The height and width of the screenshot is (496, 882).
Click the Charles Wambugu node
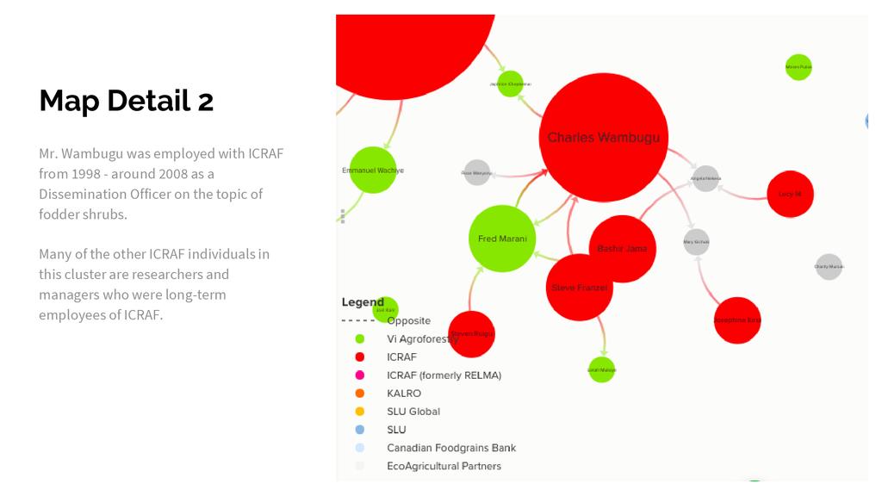[604, 138]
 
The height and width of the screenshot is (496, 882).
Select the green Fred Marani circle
[502, 239]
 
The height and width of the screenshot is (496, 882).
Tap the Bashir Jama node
[622, 249]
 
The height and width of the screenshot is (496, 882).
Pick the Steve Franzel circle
[580, 288]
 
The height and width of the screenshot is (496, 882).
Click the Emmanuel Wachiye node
[372, 170]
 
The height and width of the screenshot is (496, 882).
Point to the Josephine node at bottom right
[737, 320]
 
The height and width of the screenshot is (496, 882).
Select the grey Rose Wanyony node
[477, 173]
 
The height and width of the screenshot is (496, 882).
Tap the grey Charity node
[829, 267]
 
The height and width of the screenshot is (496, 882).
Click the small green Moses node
[798, 67]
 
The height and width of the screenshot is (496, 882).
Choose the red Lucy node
[790, 194]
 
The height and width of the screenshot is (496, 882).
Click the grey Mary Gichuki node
[696, 242]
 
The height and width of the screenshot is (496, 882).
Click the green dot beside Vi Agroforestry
[360, 339]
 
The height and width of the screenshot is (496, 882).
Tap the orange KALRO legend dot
[360, 394]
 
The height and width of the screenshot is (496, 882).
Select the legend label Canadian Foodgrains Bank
[451, 448]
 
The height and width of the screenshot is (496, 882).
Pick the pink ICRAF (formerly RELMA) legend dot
[360, 375]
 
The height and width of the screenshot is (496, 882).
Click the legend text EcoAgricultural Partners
[444, 466]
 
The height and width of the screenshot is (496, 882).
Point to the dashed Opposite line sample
[358, 321]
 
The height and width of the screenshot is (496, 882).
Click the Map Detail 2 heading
[127, 101]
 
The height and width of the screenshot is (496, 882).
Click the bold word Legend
[363, 302]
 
